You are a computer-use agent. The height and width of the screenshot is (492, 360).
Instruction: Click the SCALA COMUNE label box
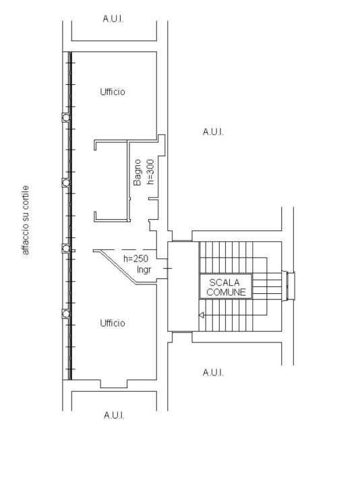point(226,286)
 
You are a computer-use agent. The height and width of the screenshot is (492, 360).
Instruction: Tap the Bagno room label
point(138,173)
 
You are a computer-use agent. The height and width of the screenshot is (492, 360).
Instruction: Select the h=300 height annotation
point(150,172)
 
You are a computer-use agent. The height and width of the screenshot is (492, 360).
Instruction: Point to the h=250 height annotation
point(136,259)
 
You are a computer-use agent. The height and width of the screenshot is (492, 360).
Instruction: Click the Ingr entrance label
point(144,270)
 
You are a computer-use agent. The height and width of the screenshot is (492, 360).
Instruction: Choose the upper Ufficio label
point(113,92)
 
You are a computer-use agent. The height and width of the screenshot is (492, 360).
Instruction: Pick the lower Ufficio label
point(113,324)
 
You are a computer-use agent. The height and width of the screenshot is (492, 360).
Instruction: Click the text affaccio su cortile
point(26,220)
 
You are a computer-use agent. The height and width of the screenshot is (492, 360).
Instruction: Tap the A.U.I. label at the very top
point(113,19)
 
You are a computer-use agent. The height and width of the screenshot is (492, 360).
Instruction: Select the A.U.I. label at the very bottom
point(114,415)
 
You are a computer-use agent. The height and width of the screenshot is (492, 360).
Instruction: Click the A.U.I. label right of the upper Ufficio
point(213,132)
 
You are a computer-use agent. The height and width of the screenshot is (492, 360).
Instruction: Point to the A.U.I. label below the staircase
point(213,373)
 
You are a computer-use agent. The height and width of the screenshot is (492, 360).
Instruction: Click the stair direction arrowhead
point(202,315)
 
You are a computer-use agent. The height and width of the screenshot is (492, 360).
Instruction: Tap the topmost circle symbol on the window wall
point(66,118)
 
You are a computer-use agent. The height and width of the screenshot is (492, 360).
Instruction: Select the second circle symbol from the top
point(66,183)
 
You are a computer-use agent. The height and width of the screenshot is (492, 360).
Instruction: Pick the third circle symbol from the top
point(66,249)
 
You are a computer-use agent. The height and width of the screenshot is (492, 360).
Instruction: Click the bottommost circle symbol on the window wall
point(66,313)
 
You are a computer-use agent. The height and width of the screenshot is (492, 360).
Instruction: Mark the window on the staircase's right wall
point(289,286)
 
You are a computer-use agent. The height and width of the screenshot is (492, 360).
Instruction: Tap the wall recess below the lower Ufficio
point(114,384)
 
